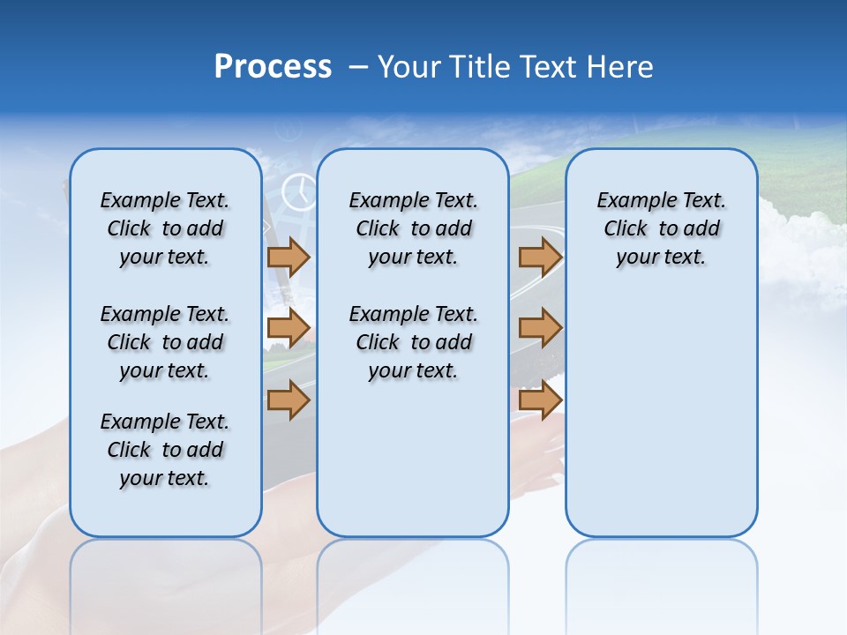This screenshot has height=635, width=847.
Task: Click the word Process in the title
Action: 273,67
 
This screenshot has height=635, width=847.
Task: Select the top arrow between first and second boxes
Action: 288,257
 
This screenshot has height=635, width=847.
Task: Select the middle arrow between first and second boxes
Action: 288,328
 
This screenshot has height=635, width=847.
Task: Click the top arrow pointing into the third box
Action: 540,257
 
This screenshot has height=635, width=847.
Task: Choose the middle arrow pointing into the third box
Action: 540,328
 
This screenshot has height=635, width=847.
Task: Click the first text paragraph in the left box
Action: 165,228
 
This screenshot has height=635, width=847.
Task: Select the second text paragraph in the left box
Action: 165,342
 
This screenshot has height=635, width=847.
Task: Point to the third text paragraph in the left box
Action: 165,450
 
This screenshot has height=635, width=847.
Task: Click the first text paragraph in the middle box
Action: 413,228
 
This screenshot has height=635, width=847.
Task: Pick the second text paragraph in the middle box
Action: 413,342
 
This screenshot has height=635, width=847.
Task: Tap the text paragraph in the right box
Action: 661,228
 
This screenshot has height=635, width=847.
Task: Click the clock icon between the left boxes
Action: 299,191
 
